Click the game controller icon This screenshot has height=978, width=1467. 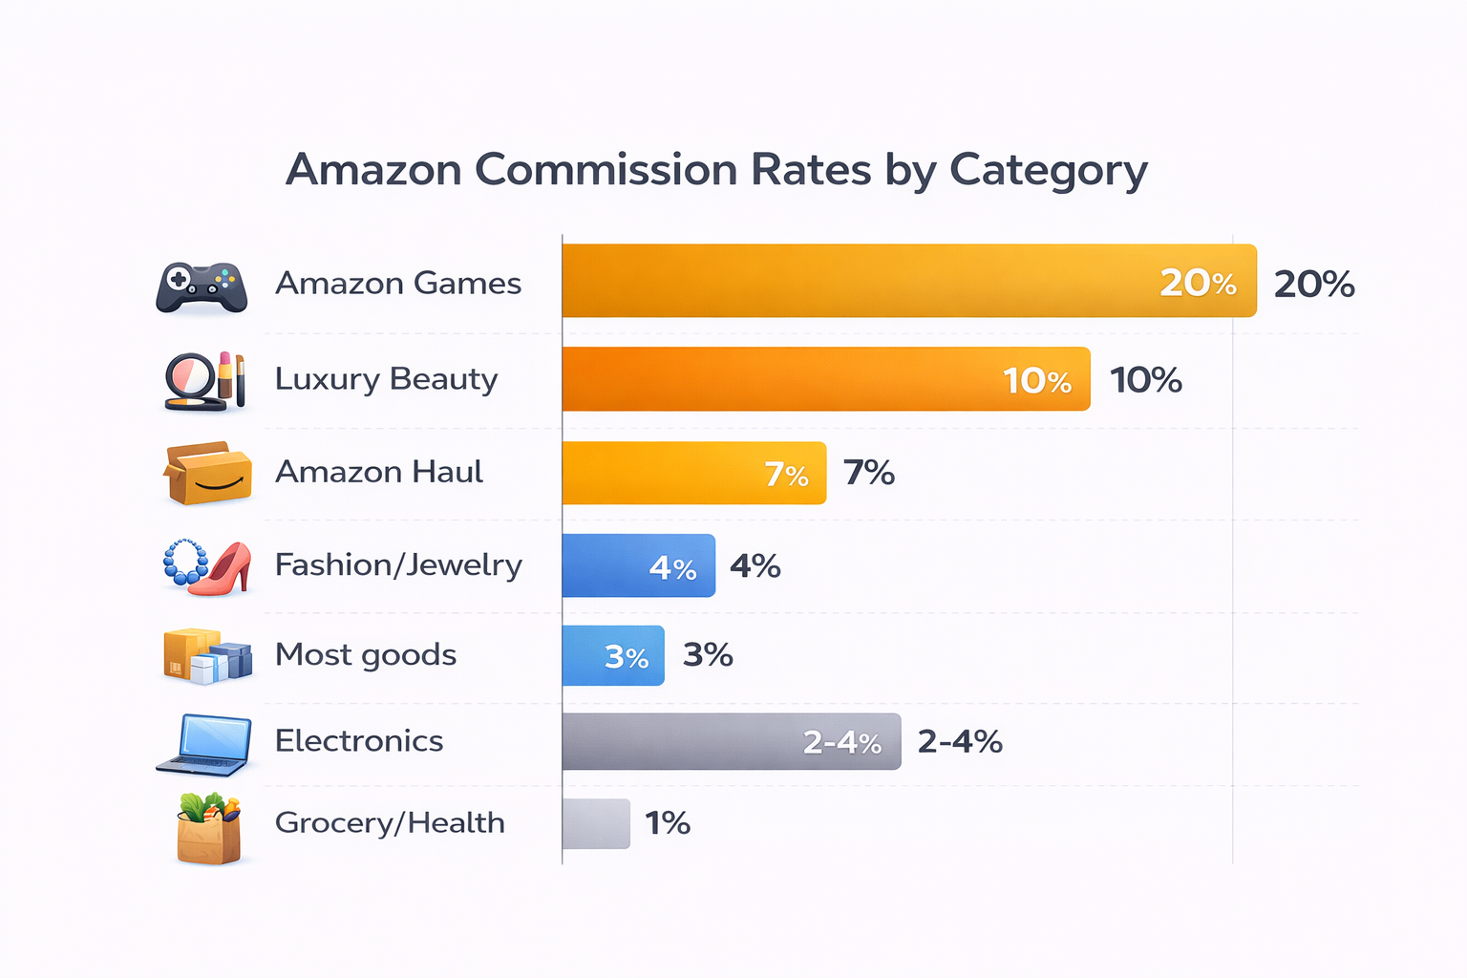click(x=202, y=287)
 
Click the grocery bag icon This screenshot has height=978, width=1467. click(x=208, y=828)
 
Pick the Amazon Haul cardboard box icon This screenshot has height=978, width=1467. click(x=208, y=473)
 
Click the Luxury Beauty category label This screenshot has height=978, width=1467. click(x=386, y=379)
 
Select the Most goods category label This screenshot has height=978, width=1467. click(x=365, y=654)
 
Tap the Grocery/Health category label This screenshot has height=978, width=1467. click(x=390, y=822)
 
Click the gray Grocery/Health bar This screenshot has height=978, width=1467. click(x=596, y=823)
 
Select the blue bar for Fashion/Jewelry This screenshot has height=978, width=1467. click(x=638, y=565)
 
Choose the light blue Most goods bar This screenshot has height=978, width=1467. click(x=612, y=655)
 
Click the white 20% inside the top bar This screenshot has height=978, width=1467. click(x=1198, y=283)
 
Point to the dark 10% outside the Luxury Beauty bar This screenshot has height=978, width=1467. click(x=1145, y=380)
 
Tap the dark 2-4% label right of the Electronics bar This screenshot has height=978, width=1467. click(x=959, y=741)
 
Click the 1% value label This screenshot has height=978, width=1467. click(x=668, y=823)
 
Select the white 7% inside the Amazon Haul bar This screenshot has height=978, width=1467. click(x=786, y=474)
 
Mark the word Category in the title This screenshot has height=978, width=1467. click(x=1048, y=170)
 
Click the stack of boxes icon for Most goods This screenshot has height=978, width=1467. click(x=207, y=655)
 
